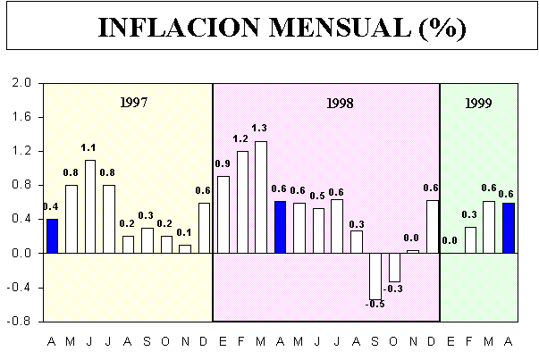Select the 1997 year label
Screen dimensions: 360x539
pyautogui.click(x=133, y=102)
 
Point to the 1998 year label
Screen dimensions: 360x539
pyautogui.click(x=339, y=103)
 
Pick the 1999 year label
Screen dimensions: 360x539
pyautogui.click(x=478, y=103)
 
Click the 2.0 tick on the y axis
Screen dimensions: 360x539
pyautogui.click(x=21, y=83)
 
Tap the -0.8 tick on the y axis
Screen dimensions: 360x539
pyautogui.click(x=19, y=321)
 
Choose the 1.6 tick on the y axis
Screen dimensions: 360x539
pyautogui.click(x=21, y=117)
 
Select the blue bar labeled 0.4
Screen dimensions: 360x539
pyautogui.click(x=52, y=236)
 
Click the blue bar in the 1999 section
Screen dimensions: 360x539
pyautogui.click(x=509, y=228)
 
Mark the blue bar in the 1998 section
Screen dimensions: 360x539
pyautogui.click(x=281, y=227)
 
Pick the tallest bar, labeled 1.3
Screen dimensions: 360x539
pyautogui.click(x=261, y=197)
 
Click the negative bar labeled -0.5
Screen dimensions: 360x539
pyautogui.click(x=375, y=275)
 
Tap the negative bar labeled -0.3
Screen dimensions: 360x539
pyautogui.click(x=394, y=267)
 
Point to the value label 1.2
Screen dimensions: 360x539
pyautogui.click(x=241, y=138)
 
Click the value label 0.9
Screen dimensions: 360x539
pyautogui.click(x=223, y=163)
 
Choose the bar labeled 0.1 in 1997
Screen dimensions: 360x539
pyautogui.click(x=185, y=248)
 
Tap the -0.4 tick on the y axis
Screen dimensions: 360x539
pyautogui.click(x=19, y=287)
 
